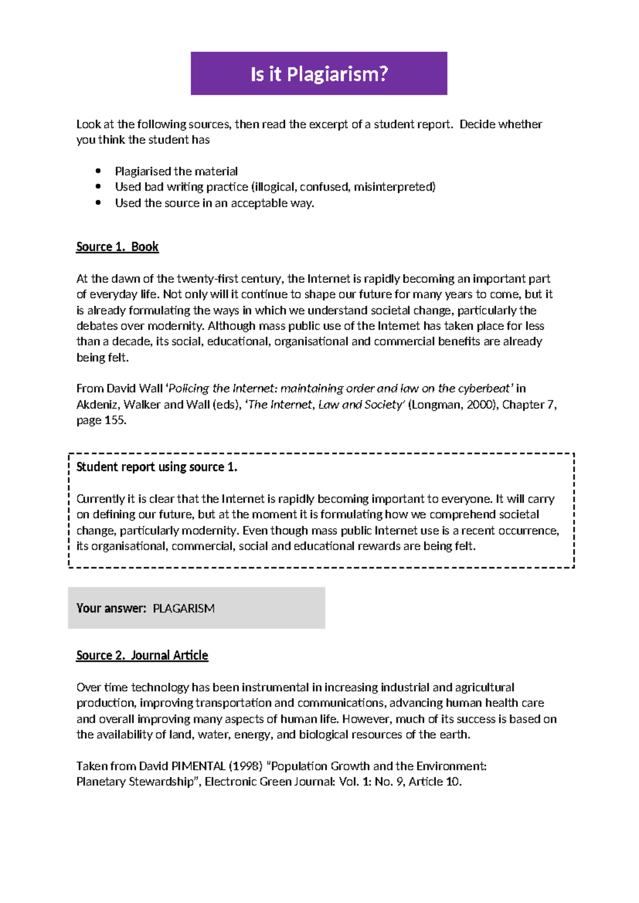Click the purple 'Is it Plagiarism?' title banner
319,73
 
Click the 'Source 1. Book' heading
117,247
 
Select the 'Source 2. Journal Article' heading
142,655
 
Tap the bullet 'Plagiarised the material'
176,171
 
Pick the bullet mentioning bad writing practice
275,187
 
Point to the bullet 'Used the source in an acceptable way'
214,203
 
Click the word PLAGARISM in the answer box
184,608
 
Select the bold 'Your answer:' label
111,608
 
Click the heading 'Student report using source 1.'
157,467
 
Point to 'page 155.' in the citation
101,420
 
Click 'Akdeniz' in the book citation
97,405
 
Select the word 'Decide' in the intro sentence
479,125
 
